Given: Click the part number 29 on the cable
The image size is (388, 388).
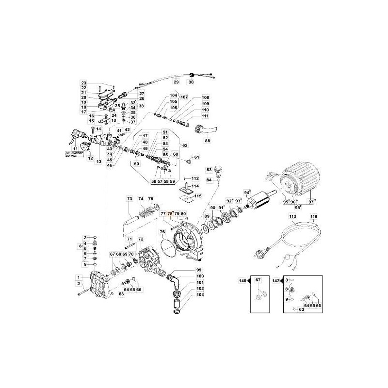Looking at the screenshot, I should coord(176,83).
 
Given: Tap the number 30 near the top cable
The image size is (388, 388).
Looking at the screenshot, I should coord(191,83).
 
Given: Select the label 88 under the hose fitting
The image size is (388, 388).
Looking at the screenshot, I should coord(208,141).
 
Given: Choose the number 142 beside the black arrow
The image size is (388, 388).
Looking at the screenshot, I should coord(277,280).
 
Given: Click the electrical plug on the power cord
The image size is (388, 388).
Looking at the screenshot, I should coord(260,252).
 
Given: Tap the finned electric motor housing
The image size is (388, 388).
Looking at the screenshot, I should coord(298,178).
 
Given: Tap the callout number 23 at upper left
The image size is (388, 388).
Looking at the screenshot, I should coord(83,83).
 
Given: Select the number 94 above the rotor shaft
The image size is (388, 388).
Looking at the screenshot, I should coord(247,193).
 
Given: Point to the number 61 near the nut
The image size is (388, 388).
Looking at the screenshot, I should coord(196,157).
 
